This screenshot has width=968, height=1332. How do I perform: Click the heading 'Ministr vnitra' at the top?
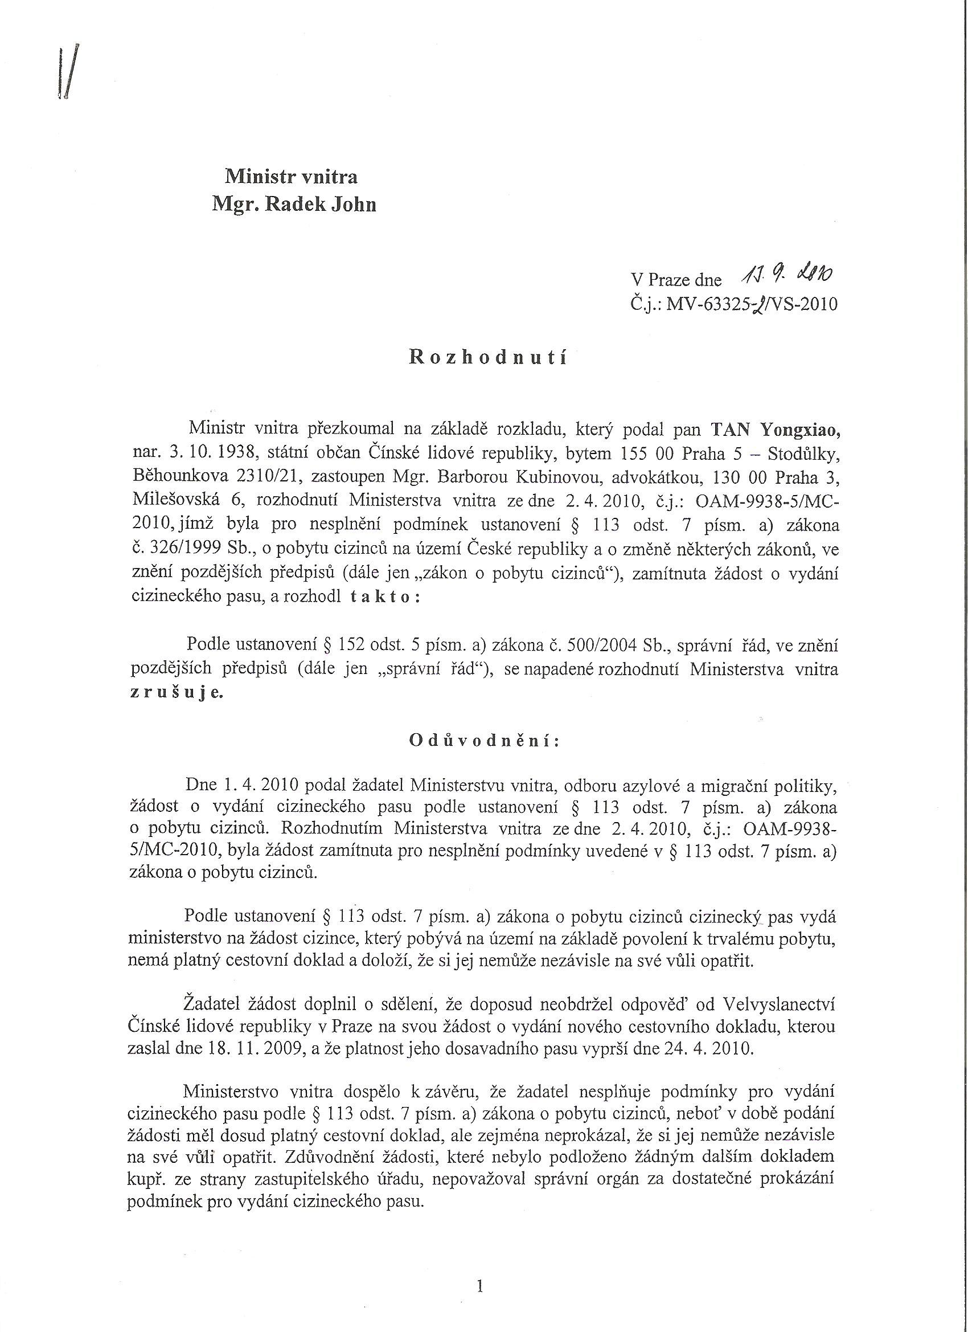click(x=292, y=177)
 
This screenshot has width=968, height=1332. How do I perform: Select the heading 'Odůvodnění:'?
click(x=485, y=741)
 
